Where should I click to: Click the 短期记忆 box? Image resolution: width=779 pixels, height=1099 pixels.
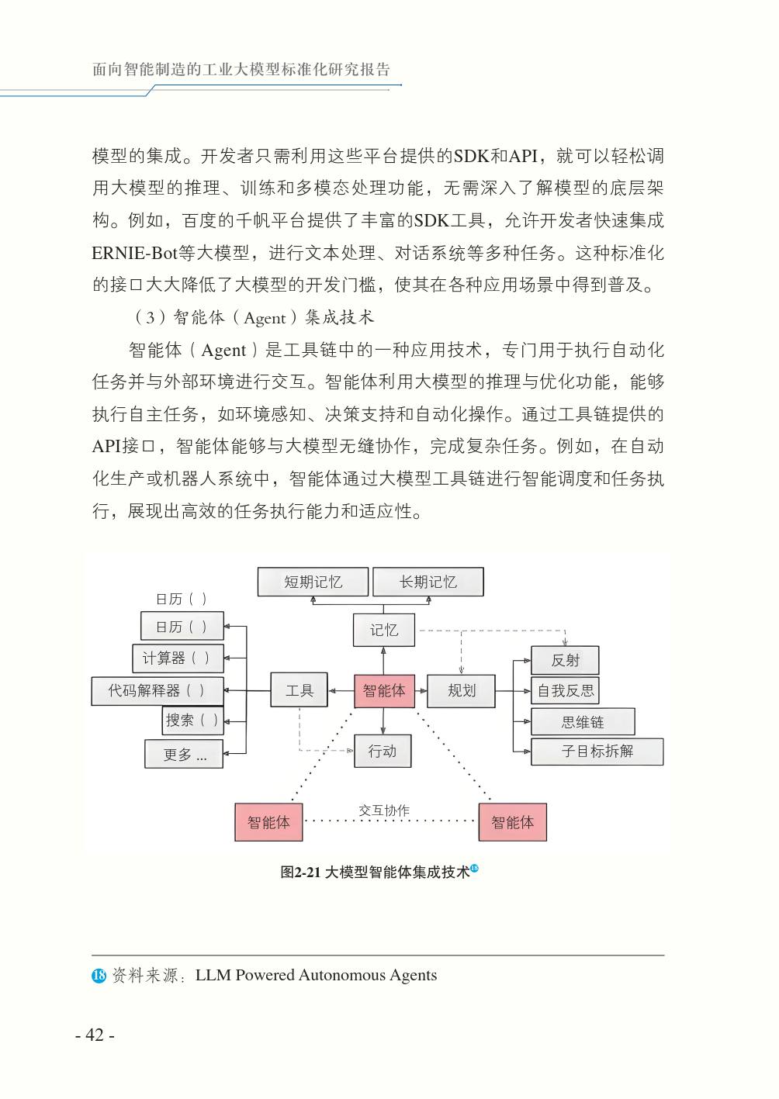coord(313,582)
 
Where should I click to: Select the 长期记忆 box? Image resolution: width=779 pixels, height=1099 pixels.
coord(428,582)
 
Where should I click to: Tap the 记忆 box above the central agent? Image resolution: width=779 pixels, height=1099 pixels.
coord(383,630)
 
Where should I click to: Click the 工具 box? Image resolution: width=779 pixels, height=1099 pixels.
coord(299,690)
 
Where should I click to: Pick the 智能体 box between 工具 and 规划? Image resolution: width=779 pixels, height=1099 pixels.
coord(384,690)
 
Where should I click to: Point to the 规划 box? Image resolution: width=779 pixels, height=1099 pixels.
coord(462,690)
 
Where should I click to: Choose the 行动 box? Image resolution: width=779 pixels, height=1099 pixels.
coord(383,751)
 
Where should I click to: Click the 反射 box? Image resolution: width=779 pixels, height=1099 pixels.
coord(565,660)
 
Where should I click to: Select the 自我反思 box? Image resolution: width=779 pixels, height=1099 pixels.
coord(565,690)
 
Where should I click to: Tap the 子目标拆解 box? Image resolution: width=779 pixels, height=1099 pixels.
coord(597,751)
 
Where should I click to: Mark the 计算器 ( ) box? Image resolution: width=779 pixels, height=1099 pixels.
coord(178,658)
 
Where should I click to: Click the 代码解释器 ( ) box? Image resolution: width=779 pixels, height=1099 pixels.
coord(157,690)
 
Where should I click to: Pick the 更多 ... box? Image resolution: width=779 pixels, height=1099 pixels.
coord(184,754)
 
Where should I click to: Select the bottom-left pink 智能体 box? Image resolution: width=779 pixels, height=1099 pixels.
coord(268,822)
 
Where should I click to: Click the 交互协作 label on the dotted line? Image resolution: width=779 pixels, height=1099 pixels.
coord(384,810)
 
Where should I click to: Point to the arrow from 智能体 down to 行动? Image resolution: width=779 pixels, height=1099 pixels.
coord(383,721)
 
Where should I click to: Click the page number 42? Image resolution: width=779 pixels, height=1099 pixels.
coord(95,1035)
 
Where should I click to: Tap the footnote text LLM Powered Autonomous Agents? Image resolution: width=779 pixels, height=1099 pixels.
coord(316,975)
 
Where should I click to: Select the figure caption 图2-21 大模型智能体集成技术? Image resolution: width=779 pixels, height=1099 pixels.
coord(376,872)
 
